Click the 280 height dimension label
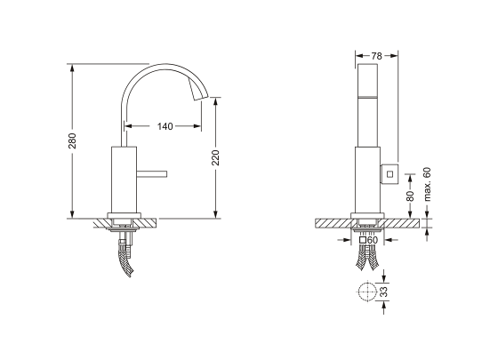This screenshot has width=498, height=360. pos(72,141)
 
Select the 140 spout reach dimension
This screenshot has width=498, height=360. pos(165,126)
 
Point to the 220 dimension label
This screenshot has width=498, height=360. pos(215,157)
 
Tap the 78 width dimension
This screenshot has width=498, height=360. pos(376,56)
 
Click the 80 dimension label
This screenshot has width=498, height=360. pos(410,196)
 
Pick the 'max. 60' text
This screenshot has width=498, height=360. pos(428,184)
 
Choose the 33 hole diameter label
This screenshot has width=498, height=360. pos(384,292)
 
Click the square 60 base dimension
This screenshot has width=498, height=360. pos(369,240)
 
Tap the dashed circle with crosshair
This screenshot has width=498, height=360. pos(367,292)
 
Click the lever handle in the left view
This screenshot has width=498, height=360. pos(152,173)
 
